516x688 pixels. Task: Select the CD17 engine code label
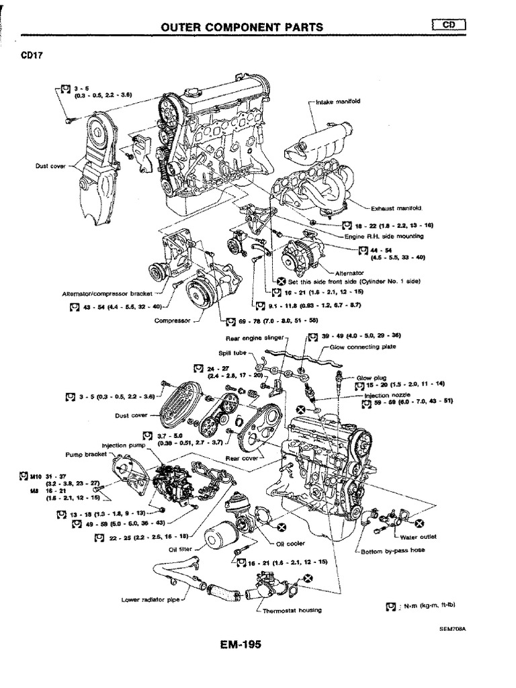[32, 56]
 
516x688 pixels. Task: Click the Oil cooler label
[290, 544]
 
